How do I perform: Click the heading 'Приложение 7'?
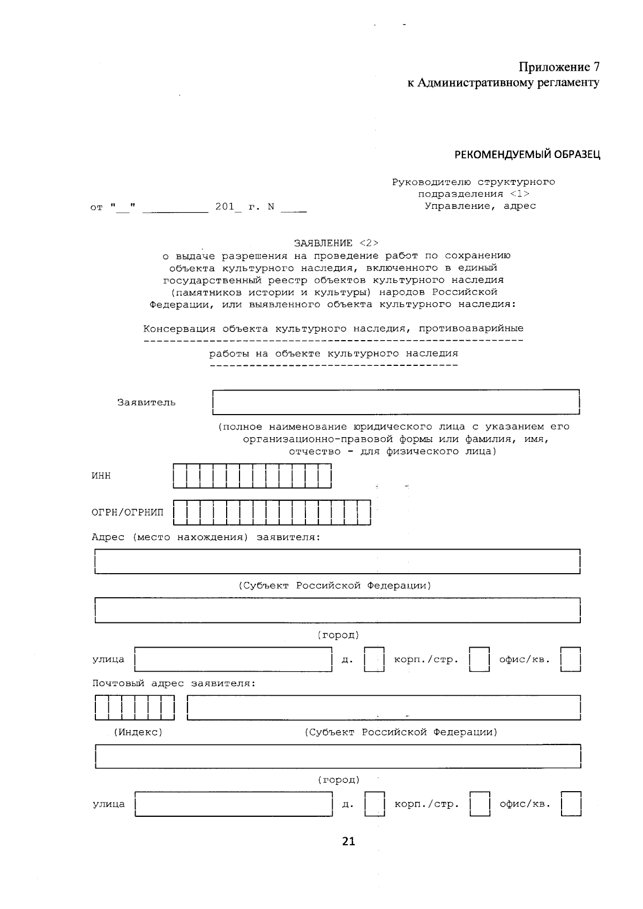click(559, 67)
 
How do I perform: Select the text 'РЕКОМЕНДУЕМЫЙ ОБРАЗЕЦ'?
click(527, 155)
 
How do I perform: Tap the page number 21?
click(348, 842)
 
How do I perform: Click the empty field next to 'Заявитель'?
click(396, 402)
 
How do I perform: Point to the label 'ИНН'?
click(101, 476)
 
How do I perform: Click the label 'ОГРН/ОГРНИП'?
click(128, 513)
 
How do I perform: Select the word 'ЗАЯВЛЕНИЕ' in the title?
click(323, 243)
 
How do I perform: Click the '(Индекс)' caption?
click(138, 732)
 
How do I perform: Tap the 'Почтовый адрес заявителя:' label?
click(174, 683)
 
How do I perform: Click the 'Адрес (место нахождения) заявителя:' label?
click(206, 537)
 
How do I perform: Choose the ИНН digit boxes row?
click(252, 476)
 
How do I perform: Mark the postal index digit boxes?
click(134, 708)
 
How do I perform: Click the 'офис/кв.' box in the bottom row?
click(571, 804)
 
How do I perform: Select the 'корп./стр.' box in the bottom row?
click(480, 804)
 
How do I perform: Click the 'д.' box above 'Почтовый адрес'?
click(374, 659)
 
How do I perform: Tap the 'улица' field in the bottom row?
click(234, 804)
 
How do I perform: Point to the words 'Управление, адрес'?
click(480, 206)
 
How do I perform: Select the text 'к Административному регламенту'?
click(503, 82)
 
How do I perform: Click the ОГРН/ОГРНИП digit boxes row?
click(272, 513)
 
